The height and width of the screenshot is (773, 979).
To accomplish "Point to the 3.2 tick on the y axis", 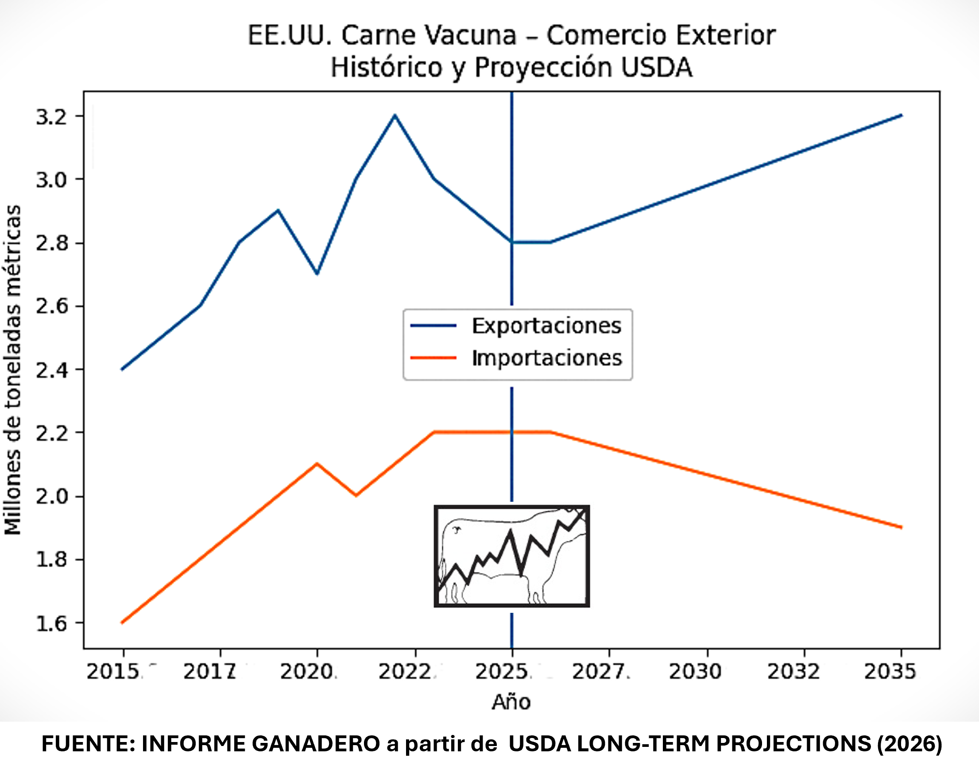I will pyautogui.click(x=51, y=117).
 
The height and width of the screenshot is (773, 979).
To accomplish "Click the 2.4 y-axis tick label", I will pyautogui.click(x=51, y=370).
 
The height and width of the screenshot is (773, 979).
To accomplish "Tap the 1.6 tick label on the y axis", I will pyautogui.click(x=51, y=623).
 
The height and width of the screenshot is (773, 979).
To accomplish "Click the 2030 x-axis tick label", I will pyautogui.click(x=695, y=672).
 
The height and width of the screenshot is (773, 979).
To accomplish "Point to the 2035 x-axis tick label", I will pyautogui.click(x=890, y=672).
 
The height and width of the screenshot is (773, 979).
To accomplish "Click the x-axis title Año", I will pyautogui.click(x=511, y=702).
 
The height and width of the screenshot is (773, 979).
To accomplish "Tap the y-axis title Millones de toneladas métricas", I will pyautogui.click(x=13, y=370).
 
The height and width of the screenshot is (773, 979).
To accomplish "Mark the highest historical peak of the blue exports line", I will pyautogui.click(x=395, y=115).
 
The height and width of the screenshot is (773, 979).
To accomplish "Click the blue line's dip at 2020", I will pyautogui.click(x=317, y=274).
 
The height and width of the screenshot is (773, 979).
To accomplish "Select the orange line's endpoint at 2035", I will pyautogui.click(x=902, y=527).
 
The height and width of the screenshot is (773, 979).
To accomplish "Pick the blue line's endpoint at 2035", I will pyautogui.click(x=902, y=115).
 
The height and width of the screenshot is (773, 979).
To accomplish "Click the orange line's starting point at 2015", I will pyautogui.click(x=122, y=623).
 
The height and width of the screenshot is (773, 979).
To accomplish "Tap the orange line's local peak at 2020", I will pyautogui.click(x=317, y=464).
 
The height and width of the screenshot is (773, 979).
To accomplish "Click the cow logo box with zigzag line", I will pyautogui.click(x=512, y=556).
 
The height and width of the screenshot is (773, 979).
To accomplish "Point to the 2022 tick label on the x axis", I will pyautogui.click(x=404, y=672).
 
